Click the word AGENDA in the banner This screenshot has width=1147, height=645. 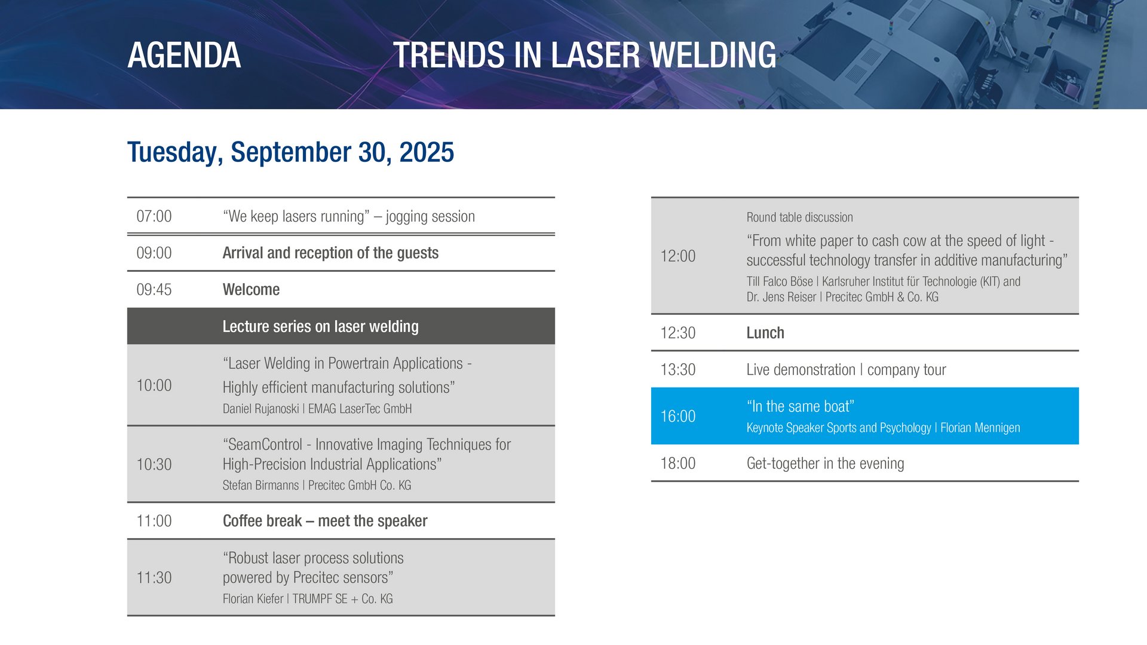184,55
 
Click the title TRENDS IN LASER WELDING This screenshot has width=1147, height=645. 584,55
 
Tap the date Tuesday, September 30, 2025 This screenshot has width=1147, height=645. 290,152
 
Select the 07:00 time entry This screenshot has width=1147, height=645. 154,216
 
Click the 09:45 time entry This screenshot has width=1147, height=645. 154,290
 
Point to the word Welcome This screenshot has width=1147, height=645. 251,290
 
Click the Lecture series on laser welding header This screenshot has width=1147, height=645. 320,327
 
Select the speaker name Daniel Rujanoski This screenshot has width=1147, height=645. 260,409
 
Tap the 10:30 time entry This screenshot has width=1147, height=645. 154,465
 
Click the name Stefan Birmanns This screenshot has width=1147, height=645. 260,486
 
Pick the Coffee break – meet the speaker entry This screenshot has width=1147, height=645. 325,521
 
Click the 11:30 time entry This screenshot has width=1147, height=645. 154,578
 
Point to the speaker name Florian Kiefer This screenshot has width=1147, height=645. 253,599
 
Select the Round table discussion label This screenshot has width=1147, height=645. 799,217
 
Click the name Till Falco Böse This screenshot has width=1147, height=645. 780,281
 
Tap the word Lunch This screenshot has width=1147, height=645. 765,333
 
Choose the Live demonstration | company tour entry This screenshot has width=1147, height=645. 846,370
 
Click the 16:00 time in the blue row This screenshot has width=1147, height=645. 678,416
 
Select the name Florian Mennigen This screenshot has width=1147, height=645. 980,428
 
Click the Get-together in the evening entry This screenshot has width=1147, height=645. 825,464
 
